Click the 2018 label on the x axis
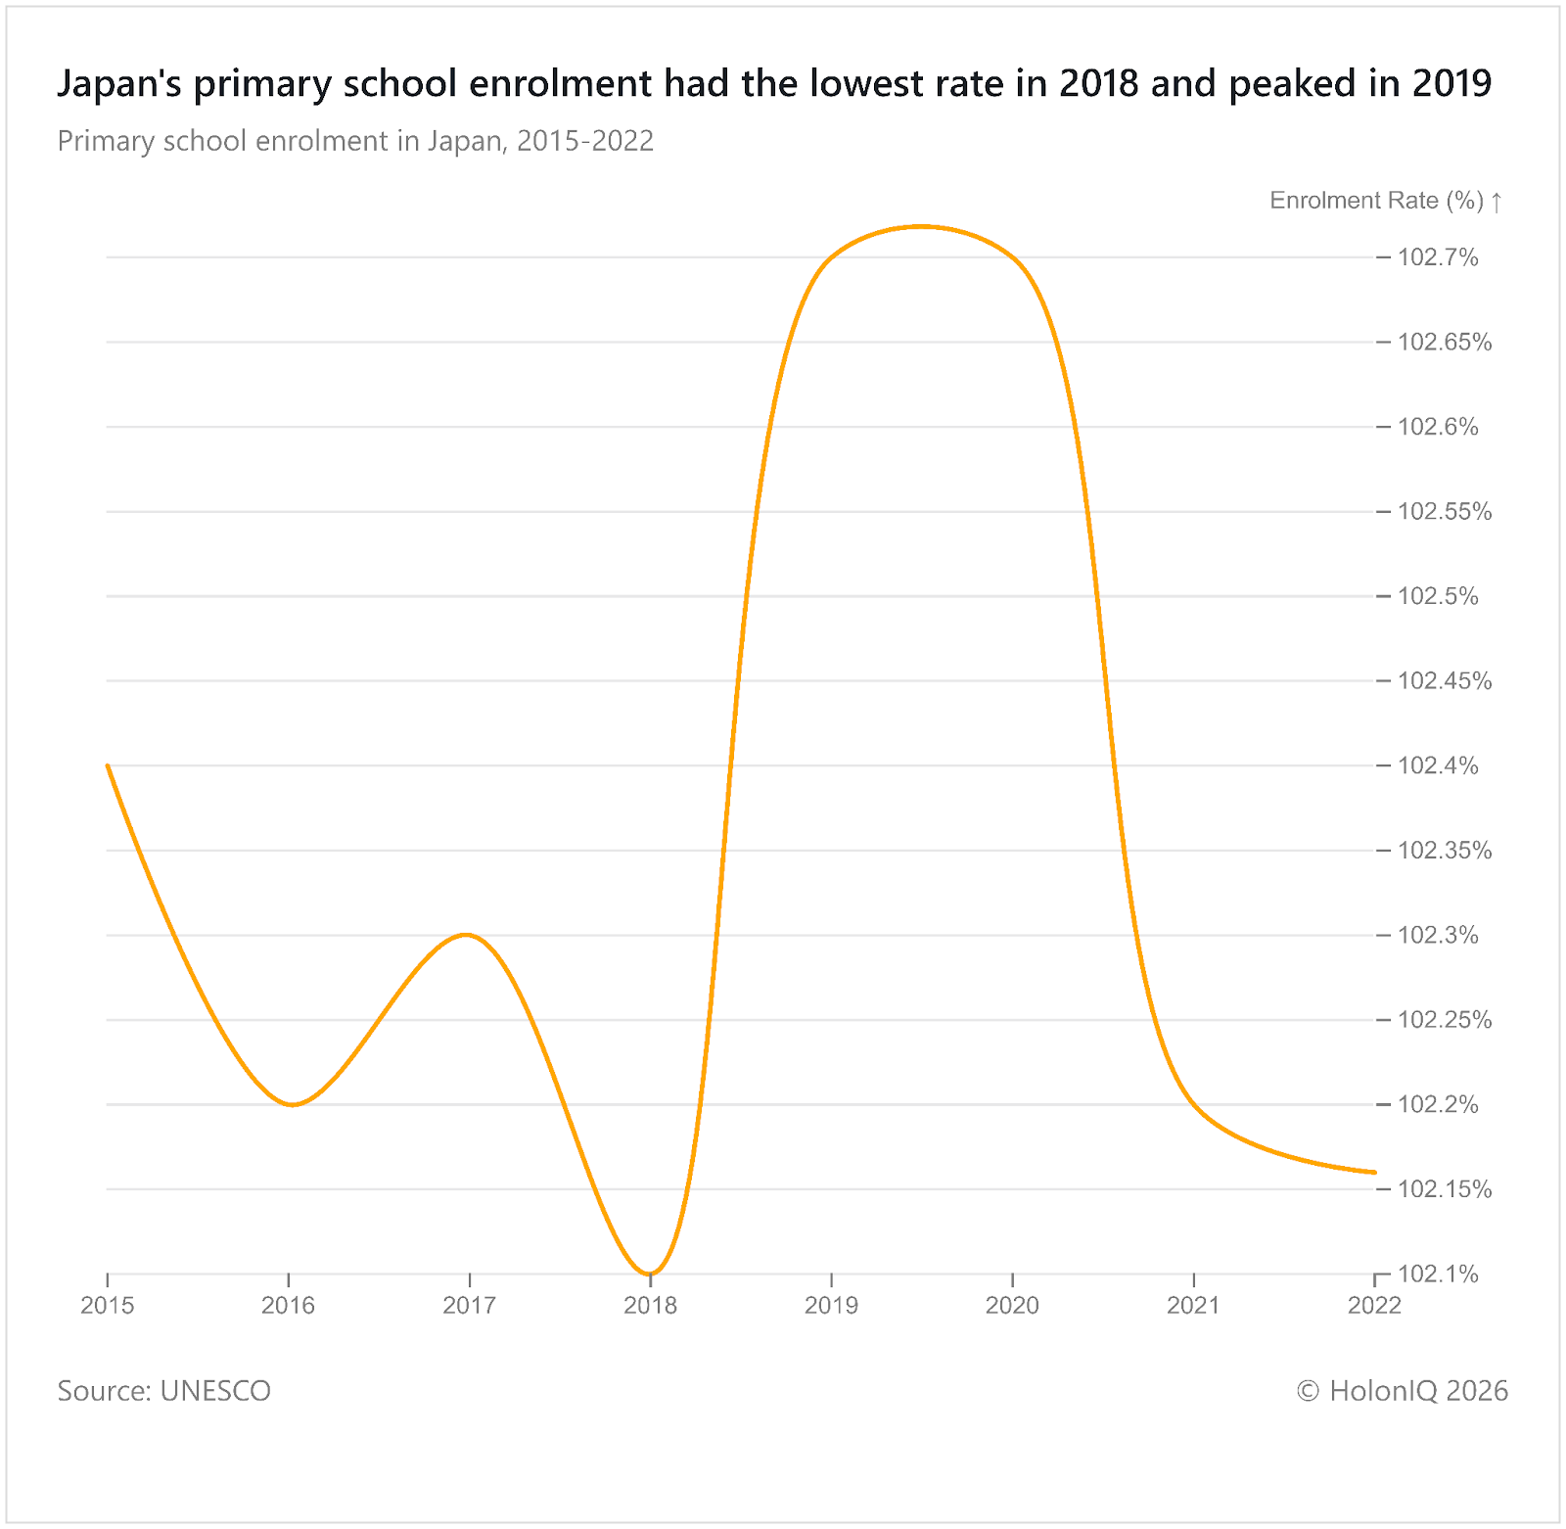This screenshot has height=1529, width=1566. coord(650,1305)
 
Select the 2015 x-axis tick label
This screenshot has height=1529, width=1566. coord(108,1305)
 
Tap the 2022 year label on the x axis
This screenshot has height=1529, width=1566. coord(1374,1305)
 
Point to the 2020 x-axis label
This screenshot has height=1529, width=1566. coord(1012,1305)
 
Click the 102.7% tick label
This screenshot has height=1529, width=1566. coord(1437,257)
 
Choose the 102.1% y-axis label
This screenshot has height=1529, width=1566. coord(1437,1274)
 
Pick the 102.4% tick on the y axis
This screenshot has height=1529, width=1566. coord(1437,765)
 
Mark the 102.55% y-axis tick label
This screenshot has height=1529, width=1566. coord(1444,511)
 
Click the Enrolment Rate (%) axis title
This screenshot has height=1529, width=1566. coord(1376,201)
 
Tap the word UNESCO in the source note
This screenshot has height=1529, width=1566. coord(215,1390)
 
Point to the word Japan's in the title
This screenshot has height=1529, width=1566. coord(121,83)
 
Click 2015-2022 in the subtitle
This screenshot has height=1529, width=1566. coord(584,141)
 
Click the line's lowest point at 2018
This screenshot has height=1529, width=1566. coord(650,1274)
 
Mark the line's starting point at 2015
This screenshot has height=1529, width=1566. coord(108,765)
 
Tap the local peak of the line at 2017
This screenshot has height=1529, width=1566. coord(469,935)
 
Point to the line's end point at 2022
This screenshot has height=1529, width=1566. coord(1374,1172)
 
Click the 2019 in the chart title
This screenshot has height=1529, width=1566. coord(1451,83)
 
